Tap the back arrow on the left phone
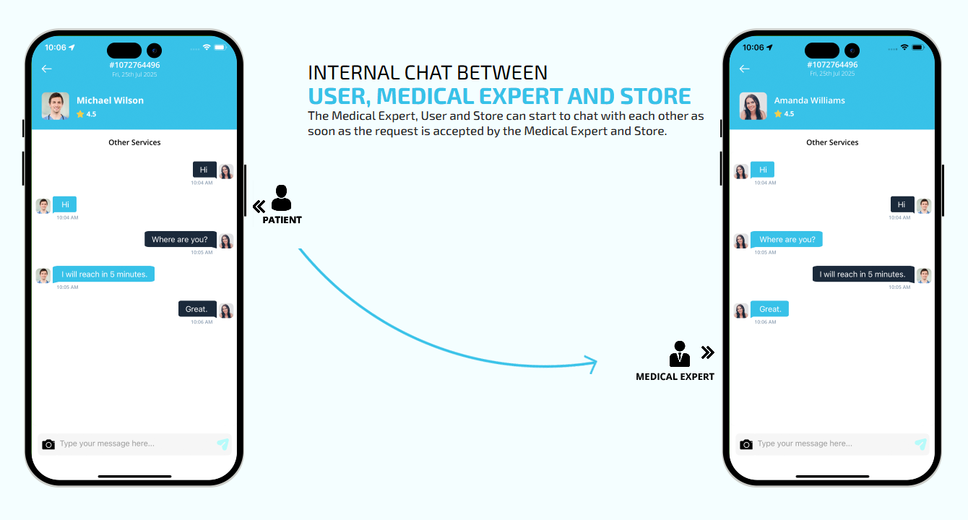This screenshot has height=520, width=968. (47, 69)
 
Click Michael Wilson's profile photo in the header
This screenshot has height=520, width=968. (56, 106)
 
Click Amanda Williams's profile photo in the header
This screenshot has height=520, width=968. (753, 106)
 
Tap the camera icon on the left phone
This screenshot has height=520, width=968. (48, 444)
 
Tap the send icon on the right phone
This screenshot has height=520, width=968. (920, 443)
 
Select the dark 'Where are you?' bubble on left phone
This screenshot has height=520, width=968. (180, 239)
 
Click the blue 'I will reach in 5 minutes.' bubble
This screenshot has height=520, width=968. (104, 274)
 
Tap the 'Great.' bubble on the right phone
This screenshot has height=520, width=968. (769, 309)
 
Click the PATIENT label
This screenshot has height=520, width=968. (282, 220)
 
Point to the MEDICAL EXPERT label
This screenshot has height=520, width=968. (675, 376)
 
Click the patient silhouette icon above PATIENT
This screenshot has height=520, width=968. (281, 198)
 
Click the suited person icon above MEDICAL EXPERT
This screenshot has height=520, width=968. (680, 354)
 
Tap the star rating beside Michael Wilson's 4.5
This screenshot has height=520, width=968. (80, 114)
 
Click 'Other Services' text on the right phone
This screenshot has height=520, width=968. (832, 142)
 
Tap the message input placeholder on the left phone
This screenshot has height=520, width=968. (107, 443)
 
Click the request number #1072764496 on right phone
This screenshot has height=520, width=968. (832, 65)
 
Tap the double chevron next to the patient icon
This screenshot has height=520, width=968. (259, 207)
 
